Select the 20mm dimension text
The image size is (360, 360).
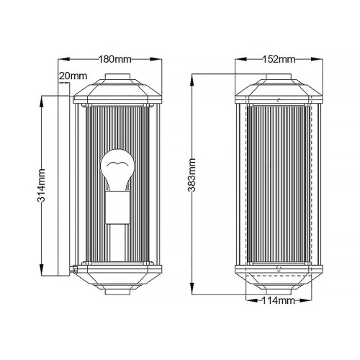[x=74, y=76]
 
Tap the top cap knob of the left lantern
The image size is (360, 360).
[x=117, y=77]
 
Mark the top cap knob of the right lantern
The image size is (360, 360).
[x=279, y=77]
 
